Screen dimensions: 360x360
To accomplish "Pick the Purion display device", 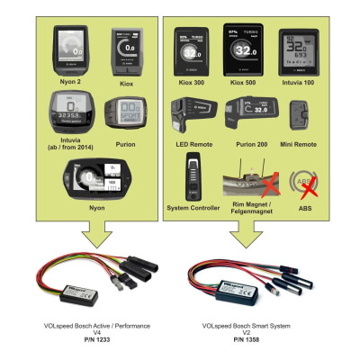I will click(125, 116).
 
